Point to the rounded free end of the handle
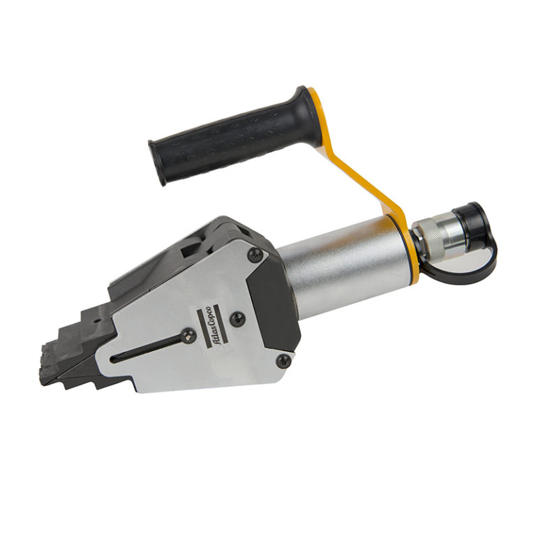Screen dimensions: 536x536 (156, 162)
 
